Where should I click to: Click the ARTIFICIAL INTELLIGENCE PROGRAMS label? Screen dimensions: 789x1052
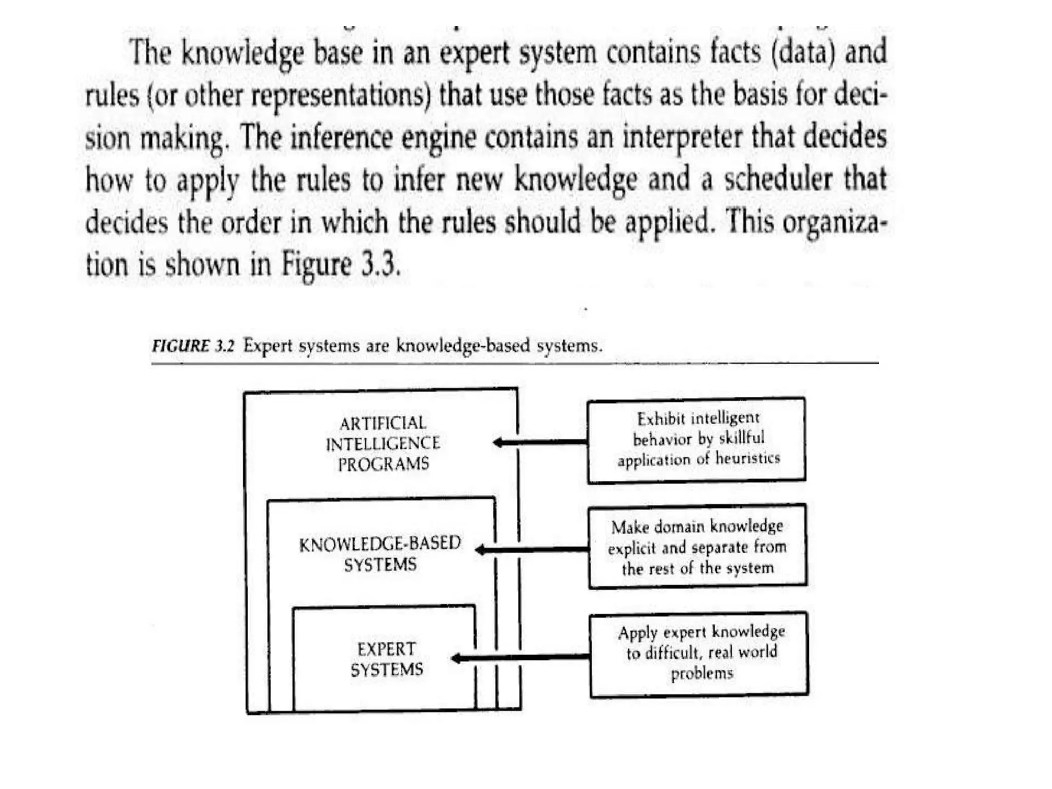click(383, 444)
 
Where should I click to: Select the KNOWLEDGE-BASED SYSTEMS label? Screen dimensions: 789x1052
click(380, 554)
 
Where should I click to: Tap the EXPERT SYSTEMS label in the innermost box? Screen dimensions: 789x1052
click(387, 659)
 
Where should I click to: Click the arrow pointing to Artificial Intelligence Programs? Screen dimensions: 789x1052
click(539, 442)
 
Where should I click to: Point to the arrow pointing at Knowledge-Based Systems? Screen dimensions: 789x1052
click(531, 550)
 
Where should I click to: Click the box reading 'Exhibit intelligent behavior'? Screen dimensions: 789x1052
click(697, 440)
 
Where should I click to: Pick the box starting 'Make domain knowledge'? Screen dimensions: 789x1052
click(698, 546)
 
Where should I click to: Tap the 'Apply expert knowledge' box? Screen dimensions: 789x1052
click(699, 653)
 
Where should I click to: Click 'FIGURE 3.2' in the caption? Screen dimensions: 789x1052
click(193, 346)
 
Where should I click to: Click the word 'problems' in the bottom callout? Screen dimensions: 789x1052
click(702, 673)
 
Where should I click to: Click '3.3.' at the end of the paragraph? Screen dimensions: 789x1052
click(380, 265)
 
